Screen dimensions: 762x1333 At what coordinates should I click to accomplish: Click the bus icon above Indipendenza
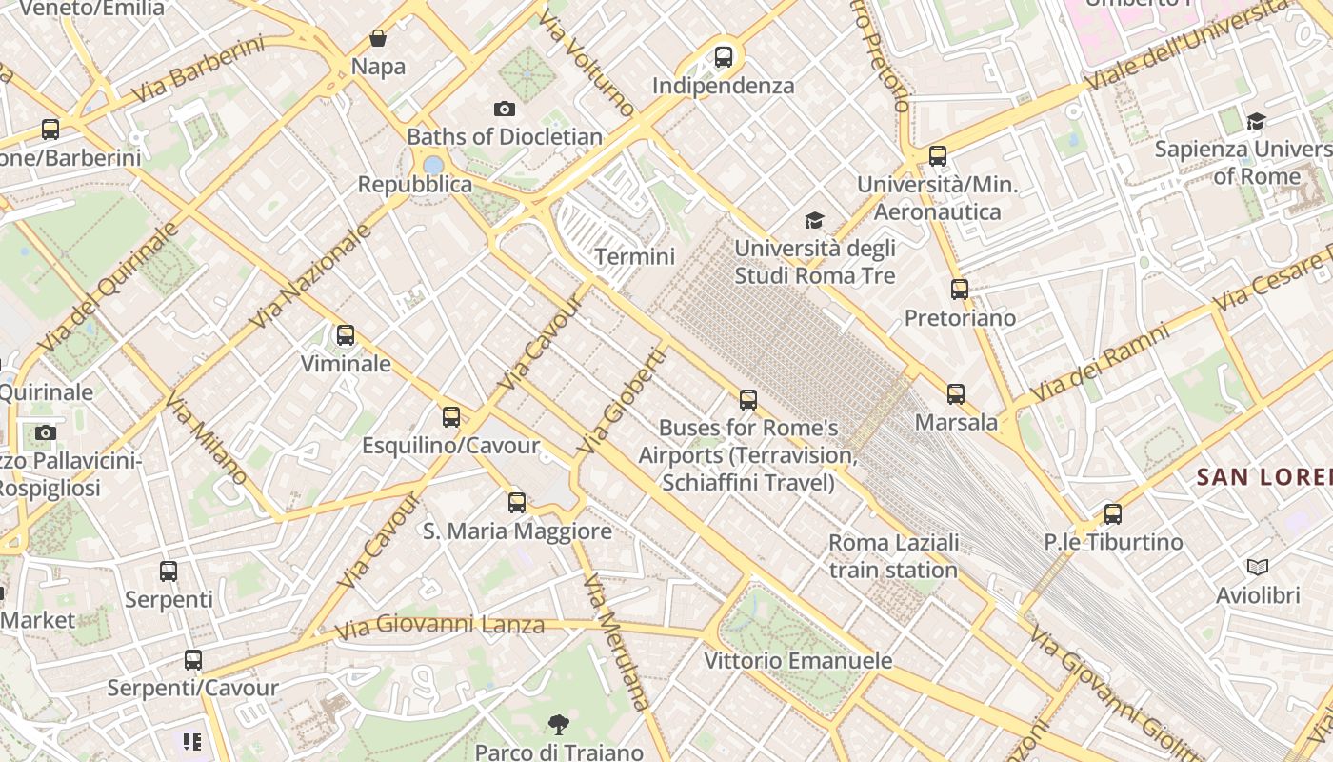click(x=724, y=57)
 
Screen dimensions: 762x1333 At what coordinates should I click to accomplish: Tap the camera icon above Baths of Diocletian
click(x=505, y=110)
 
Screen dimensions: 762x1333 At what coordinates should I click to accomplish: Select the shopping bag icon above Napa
click(x=378, y=38)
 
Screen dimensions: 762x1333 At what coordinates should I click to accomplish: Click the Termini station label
click(x=634, y=256)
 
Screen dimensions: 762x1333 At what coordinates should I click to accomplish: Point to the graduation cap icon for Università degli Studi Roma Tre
click(x=814, y=221)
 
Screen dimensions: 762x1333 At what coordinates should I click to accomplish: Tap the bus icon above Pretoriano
click(x=960, y=290)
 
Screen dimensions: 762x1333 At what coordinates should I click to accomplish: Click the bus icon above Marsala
click(x=956, y=394)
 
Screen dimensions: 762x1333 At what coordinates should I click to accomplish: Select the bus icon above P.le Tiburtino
click(x=1113, y=514)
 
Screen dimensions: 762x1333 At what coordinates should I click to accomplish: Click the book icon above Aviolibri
click(x=1258, y=568)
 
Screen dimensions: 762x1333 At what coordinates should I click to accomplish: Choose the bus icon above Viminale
click(x=346, y=335)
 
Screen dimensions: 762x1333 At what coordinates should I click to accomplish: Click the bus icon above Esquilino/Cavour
click(x=451, y=417)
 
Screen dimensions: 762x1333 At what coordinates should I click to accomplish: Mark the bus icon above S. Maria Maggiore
click(x=517, y=503)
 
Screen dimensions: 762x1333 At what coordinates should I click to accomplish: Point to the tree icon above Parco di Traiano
click(x=559, y=725)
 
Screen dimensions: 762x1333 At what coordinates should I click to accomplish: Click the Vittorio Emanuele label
click(x=798, y=660)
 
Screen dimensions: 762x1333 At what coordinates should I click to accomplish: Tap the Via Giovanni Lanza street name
click(x=440, y=626)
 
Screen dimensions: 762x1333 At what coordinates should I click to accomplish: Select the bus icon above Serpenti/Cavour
click(x=193, y=660)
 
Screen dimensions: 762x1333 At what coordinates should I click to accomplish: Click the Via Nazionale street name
click(x=310, y=277)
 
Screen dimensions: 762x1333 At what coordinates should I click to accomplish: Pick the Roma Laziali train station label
click(x=893, y=556)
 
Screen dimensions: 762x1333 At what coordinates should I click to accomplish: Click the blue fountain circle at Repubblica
click(x=434, y=165)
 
